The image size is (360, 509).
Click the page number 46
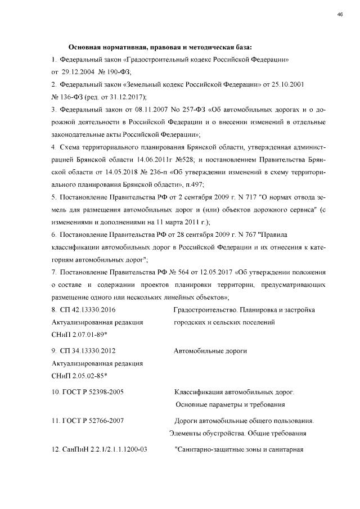click(x=340, y=15)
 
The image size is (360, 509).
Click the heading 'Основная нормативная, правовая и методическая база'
click(x=160, y=47)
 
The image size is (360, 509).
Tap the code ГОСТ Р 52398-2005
click(x=88, y=392)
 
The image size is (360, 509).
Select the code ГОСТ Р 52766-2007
click(x=88, y=421)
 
